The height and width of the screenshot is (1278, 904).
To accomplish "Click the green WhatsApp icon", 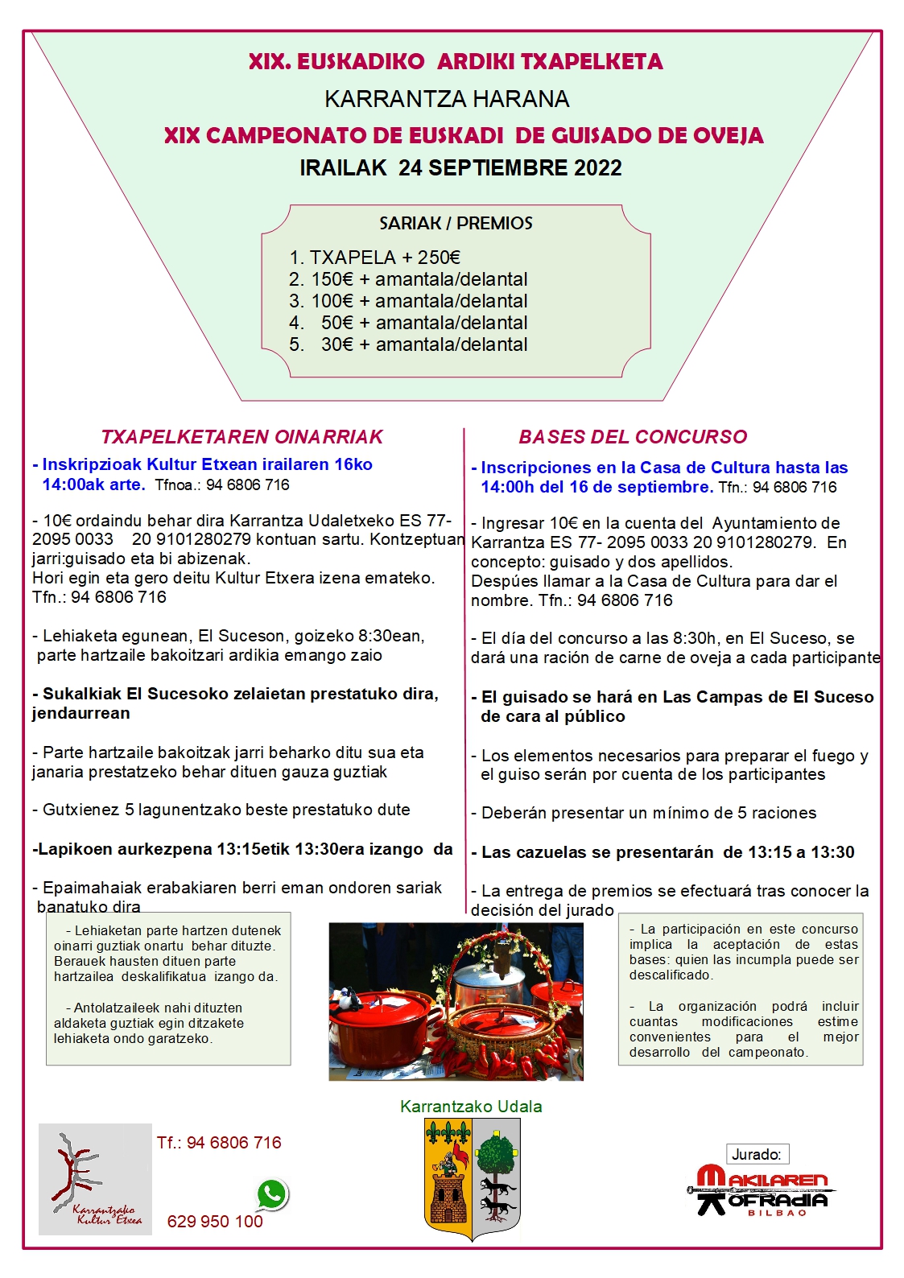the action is coord(272,1194).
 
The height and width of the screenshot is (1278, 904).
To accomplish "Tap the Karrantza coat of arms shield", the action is coord(472,1178).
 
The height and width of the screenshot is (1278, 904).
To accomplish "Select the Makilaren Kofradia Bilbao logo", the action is coord(762,1189).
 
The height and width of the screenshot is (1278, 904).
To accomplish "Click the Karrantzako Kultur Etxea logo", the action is coord(95,1179).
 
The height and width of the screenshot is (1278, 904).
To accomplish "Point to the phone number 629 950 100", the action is coord(215,1221).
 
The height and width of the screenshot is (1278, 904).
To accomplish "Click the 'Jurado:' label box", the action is coord(757,1154).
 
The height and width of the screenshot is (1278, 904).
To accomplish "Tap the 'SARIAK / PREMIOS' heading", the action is coord(456,223).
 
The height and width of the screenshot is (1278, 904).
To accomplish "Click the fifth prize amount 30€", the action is coord(337,344).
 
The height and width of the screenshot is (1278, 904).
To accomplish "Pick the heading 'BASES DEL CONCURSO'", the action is coord(633,437).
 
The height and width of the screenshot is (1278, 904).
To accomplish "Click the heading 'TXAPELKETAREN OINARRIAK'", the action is coord(241,437).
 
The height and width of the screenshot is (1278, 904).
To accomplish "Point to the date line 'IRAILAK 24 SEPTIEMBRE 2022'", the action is coord(460,168).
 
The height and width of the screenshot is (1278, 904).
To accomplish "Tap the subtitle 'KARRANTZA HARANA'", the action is coord(447,99).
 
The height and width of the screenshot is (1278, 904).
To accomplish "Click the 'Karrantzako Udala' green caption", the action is coord(471,1107).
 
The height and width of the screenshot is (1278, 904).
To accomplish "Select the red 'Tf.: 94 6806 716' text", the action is coord(219,1143).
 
